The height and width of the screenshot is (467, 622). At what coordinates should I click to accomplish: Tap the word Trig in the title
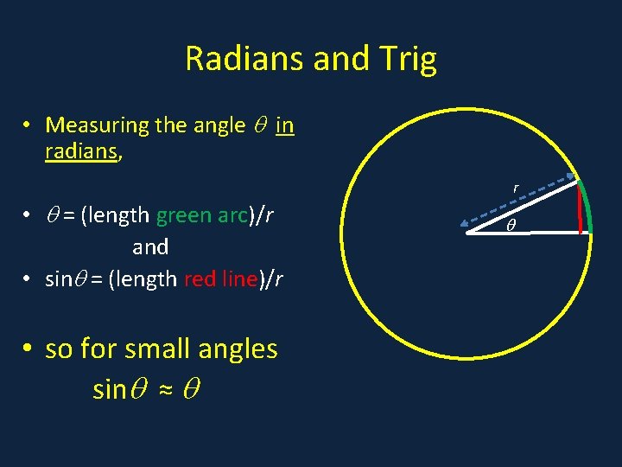tap(406, 59)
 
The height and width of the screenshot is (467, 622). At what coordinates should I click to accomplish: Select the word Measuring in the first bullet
tap(97, 125)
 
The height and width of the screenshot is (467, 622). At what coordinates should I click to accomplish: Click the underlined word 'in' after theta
tap(285, 125)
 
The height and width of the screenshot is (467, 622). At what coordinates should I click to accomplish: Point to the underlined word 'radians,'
tap(84, 151)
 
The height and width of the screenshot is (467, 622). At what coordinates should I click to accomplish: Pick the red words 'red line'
tap(220, 278)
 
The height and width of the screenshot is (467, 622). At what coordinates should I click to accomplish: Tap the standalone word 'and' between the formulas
tap(150, 247)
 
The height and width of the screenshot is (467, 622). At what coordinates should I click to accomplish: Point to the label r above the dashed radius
tap(516, 187)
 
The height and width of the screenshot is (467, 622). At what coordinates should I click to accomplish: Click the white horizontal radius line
tap(527, 232)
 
